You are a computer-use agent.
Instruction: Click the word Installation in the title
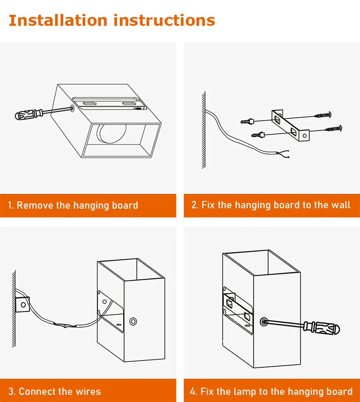58,20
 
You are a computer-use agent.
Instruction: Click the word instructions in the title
164,20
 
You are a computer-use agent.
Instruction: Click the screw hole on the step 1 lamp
72,108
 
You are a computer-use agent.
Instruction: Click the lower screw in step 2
334,128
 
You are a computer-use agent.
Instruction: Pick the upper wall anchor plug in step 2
247,121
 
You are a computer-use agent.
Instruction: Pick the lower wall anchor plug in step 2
258,135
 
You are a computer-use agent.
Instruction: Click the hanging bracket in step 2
290,125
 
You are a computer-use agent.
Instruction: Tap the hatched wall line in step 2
204,130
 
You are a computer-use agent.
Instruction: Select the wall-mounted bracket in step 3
22,304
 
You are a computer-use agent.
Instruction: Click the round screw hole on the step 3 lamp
133,321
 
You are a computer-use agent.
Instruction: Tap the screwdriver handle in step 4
322,329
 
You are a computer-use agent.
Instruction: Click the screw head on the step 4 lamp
264,321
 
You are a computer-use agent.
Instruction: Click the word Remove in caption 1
35,205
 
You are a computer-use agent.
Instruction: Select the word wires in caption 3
88,392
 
